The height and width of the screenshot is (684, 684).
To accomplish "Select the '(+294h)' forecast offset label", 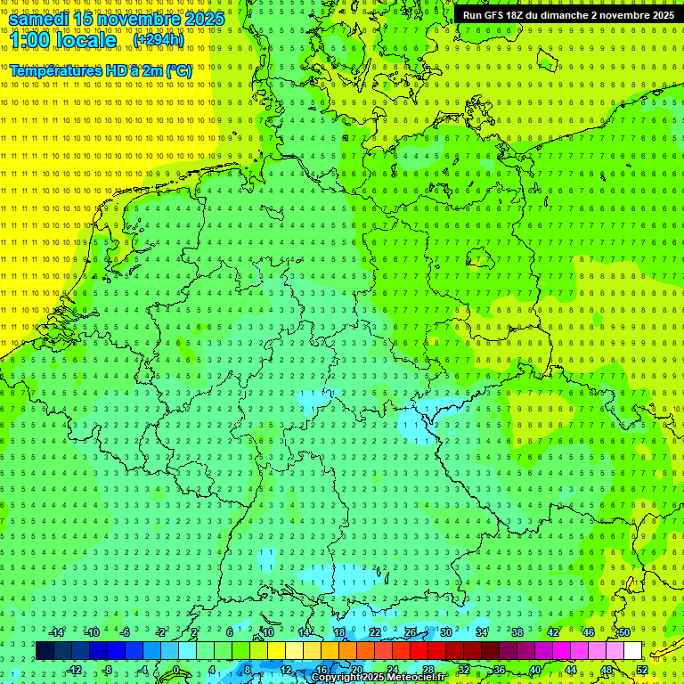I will pyautogui.click(x=159, y=40).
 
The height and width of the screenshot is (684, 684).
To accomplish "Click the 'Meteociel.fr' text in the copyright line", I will pyautogui.click(x=416, y=678).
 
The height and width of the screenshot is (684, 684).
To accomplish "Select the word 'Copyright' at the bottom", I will pyautogui.click(x=339, y=678).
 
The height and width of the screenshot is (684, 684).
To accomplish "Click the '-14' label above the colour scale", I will pyautogui.click(x=57, y=632).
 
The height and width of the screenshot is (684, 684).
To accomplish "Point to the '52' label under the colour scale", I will pyautogui.click(x=642, y=670).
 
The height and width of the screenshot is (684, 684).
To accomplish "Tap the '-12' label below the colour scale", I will pyautogui.click(x=75, y=670).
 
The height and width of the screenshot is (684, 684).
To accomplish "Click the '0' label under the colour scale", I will pyautogui.click(x=176, y=670).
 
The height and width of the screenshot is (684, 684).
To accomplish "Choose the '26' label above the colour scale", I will pyautogui.click(x=411, y=632).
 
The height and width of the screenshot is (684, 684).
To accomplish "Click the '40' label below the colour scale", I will pyautogui.click(x=535, y=670).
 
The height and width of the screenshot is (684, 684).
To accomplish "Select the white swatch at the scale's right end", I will pyautogui.click(x=632, y=651).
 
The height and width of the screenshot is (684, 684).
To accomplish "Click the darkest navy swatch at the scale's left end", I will pyautogui.click(x=45, y=651).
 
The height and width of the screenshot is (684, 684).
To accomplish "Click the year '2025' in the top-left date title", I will pyautogui.click(x=200, y=19).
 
